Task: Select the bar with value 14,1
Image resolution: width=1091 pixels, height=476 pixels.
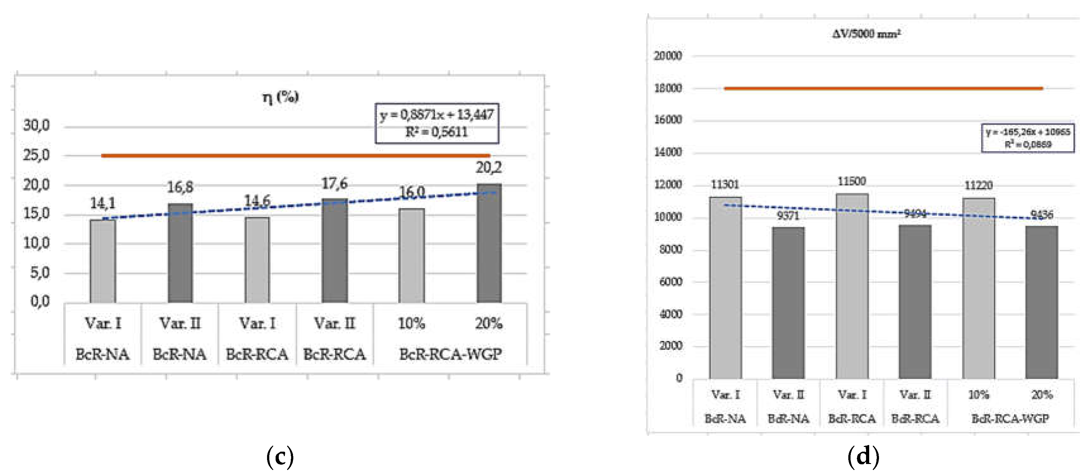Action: tap(103, 261)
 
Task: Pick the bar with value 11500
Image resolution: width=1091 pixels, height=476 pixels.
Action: tap(852, 286)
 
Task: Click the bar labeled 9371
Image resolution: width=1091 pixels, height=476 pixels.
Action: tap(788, 303)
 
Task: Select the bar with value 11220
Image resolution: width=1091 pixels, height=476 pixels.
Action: tap(978, 288)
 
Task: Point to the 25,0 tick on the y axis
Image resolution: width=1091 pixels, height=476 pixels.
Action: tap(36, 155)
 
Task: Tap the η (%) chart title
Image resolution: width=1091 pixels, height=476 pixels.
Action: tap(280, 97)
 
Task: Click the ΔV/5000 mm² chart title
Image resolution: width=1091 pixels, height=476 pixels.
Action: tap(866, 34)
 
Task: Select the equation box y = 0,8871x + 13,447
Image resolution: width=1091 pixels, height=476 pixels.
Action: tap(437, 123)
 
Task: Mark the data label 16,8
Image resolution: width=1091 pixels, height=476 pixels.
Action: tap(180, 187)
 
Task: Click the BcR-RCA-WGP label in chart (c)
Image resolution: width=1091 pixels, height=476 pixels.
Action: tap(450, 354)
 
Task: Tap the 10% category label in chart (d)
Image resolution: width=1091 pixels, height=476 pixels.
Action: tap(978, 395)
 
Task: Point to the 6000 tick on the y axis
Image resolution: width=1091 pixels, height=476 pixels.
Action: tap(670, 282)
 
